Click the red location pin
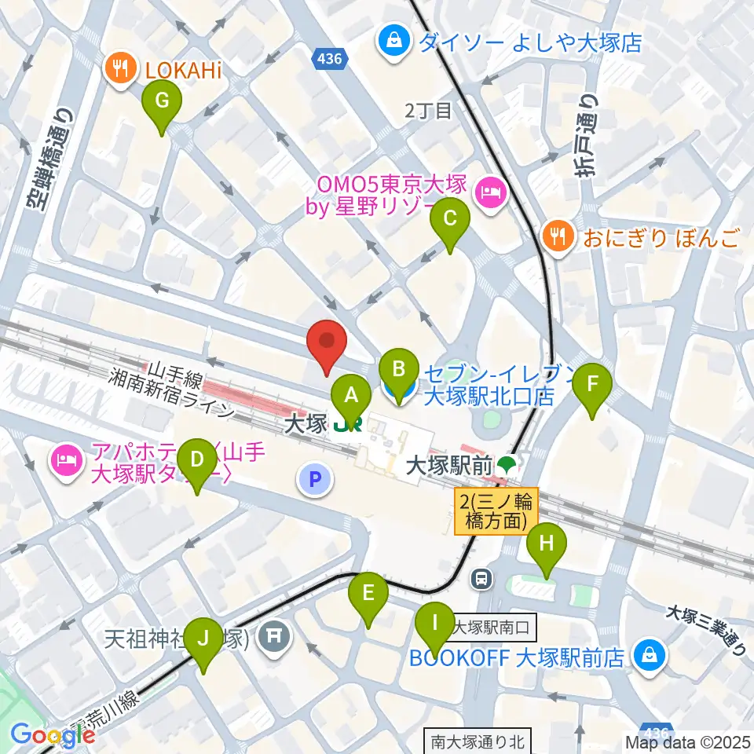pos(327,346)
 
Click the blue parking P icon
pos(315,479)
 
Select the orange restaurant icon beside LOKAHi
pos(120,70)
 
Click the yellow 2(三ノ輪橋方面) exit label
pos(495,511)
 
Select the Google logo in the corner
pos(52,735)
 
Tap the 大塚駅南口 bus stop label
pos(495,628)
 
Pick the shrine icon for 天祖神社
pos(273,633)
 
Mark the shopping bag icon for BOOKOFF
pos(650,656)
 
